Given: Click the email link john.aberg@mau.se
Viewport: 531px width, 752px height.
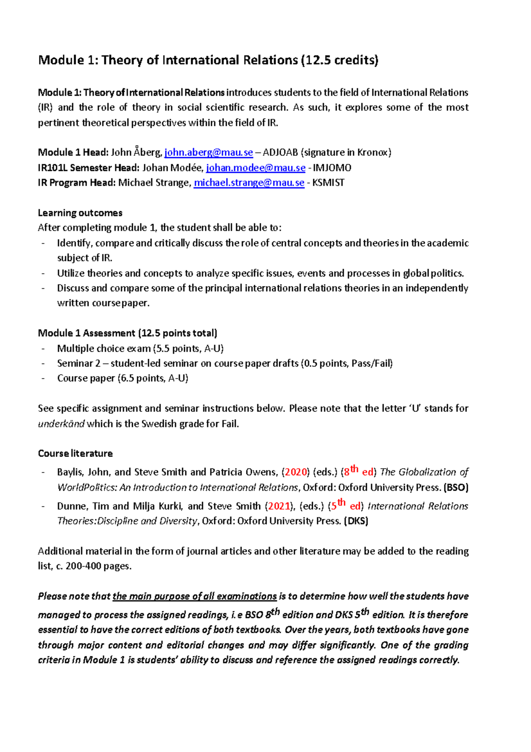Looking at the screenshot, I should coord(208,153).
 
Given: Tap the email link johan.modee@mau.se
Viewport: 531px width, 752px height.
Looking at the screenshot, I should coord(256,168).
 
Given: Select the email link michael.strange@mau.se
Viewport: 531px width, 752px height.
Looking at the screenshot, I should coord(249,183).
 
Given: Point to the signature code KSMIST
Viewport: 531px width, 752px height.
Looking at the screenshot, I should coord(328,183).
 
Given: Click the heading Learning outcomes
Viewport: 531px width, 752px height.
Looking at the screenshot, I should coord(80,213).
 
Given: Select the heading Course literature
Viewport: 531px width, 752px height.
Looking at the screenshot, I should coord(75,454).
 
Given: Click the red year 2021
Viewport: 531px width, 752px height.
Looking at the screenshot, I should coord(279,506).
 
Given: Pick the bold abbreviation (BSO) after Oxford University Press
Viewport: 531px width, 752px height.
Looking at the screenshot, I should coord(456,488).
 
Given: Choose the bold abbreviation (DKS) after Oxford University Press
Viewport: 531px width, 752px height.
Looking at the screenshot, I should coord(356,521).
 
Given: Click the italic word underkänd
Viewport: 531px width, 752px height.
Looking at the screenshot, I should coord(61,424).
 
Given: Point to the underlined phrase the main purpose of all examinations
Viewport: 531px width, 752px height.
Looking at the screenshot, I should coord(195,597).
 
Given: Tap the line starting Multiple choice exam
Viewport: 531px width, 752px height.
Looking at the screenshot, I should coord(140,349).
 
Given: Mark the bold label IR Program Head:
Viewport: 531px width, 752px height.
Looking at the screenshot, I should coord(77,183).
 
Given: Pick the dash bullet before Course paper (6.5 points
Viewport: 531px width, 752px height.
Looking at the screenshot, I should coord(43,379).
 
